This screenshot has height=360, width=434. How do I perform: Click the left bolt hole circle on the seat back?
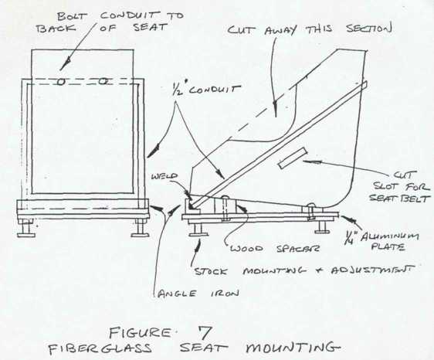(x=61, y=81)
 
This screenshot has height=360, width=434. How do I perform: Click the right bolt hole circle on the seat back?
(x=103, y=81)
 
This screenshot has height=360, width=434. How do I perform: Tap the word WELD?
(x=164, y=176)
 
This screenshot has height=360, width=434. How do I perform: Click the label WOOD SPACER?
(x=275, y=248)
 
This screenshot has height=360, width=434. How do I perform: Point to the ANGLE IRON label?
(x=198, y=294)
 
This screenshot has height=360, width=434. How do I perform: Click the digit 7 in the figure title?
(x=205, y=333)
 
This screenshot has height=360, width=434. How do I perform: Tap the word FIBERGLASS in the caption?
(x=100, y=348)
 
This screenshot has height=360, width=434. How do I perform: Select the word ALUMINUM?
(x=390, y=236)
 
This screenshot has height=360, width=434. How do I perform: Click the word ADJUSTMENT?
(x=374, y=270)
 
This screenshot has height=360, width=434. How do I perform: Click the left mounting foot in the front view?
(x=26, y=229)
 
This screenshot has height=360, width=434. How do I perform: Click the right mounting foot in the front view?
(x=140, y=229)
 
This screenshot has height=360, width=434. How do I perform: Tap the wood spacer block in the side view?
(x=225, y=206)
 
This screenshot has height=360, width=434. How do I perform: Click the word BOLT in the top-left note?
(x=71, y=16)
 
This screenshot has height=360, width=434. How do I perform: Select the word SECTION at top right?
(x=369, y=28)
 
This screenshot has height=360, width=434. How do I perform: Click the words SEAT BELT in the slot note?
(x=399, y=198)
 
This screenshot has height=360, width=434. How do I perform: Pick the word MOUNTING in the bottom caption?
(x=293, y=348)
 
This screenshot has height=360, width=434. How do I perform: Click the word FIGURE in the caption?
(x=140, y=332)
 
